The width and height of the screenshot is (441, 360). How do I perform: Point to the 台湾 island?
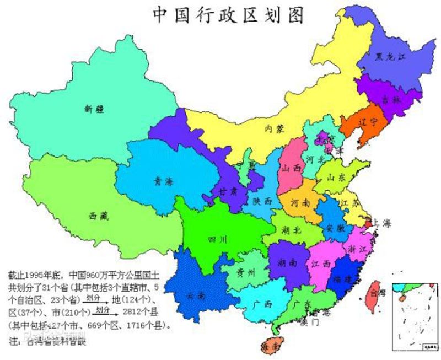click(375, 298)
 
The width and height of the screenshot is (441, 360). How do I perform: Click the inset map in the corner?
click(413, 318)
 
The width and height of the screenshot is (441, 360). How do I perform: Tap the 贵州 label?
click(246, 272)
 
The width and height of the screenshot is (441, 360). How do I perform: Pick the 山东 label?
click(335, 178)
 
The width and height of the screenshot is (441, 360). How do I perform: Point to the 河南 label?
click(300, 202)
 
